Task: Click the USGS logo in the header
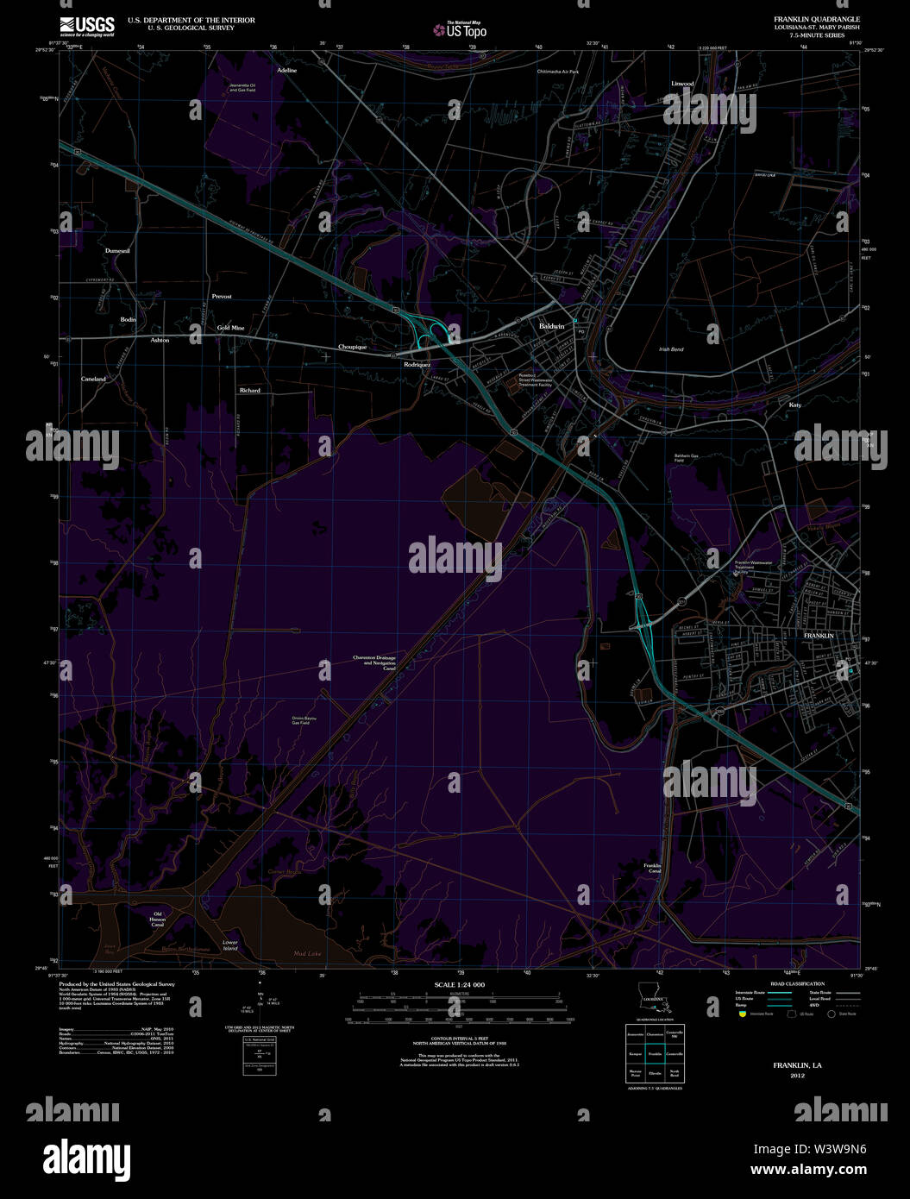(x=87, y=26)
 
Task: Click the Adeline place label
(x=286, y=70)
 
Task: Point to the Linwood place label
(x=682, y=84)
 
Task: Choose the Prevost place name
(x=222, y=296)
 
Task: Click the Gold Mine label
(x=230, y=328)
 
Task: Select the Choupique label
(x=352, y=347)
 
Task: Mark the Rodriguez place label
(x=417, y=365)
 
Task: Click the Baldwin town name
(x=551, y=327)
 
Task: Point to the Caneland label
(x=93, y=379)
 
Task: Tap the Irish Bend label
(x=670, y=349)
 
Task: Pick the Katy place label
(x=794, y=404)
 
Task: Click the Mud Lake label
(x=306, y=953)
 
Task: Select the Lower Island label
(x=229, y=945)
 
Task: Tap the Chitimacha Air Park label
(x=557, y=72)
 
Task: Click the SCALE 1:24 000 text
(x=459, y=984)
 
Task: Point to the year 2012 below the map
(x=797, y=1076)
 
